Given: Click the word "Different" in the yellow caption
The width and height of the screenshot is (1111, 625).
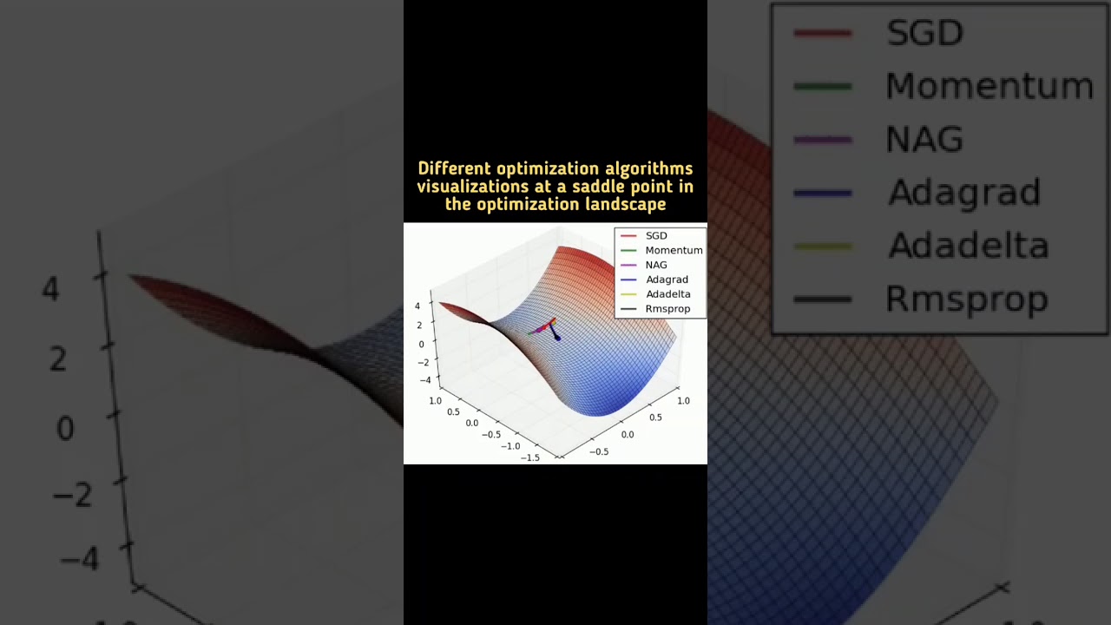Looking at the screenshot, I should click(x=454, y=168).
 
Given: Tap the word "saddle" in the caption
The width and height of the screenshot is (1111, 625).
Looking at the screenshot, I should click(x=602, y=187).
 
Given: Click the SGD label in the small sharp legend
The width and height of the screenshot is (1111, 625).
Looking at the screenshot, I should click(x=656, y=235).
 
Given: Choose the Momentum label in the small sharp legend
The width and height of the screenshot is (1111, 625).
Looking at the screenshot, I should click(x=674, y=250).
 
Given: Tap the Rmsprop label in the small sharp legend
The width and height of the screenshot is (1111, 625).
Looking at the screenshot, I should click(x=667, y=308).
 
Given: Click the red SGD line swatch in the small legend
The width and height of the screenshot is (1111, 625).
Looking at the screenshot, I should click(x=628, y=235).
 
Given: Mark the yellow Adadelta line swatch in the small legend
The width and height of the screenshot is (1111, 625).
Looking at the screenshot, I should click(x=628, y=294).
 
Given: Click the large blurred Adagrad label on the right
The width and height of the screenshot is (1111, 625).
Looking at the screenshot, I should click(x=963, y=193).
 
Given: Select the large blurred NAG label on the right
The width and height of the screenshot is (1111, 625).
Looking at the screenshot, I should click(x=924, y=139).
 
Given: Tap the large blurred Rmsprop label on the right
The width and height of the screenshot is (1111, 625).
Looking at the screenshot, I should click(x=966, y=299).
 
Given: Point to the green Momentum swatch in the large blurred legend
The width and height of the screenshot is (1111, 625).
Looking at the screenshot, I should click(x=822, y=86).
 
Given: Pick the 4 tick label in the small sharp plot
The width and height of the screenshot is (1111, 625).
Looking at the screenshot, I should click(x=417, y=306).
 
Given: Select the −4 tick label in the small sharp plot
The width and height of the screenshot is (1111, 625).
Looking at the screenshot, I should click(x=424, y=380).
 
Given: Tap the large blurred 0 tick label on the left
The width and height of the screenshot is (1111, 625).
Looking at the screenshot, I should click(x=64, y=428).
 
